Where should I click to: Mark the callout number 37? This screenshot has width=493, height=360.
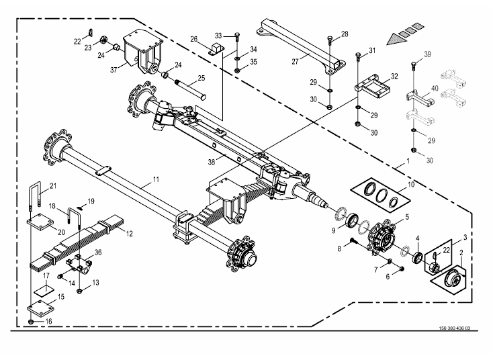(x=114, y=69)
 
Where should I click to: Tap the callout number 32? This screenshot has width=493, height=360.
(x=394, y=77)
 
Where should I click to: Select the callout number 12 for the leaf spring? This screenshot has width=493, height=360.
(x=130, y=234)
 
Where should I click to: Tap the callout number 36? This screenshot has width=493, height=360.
(x=99, y=252)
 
